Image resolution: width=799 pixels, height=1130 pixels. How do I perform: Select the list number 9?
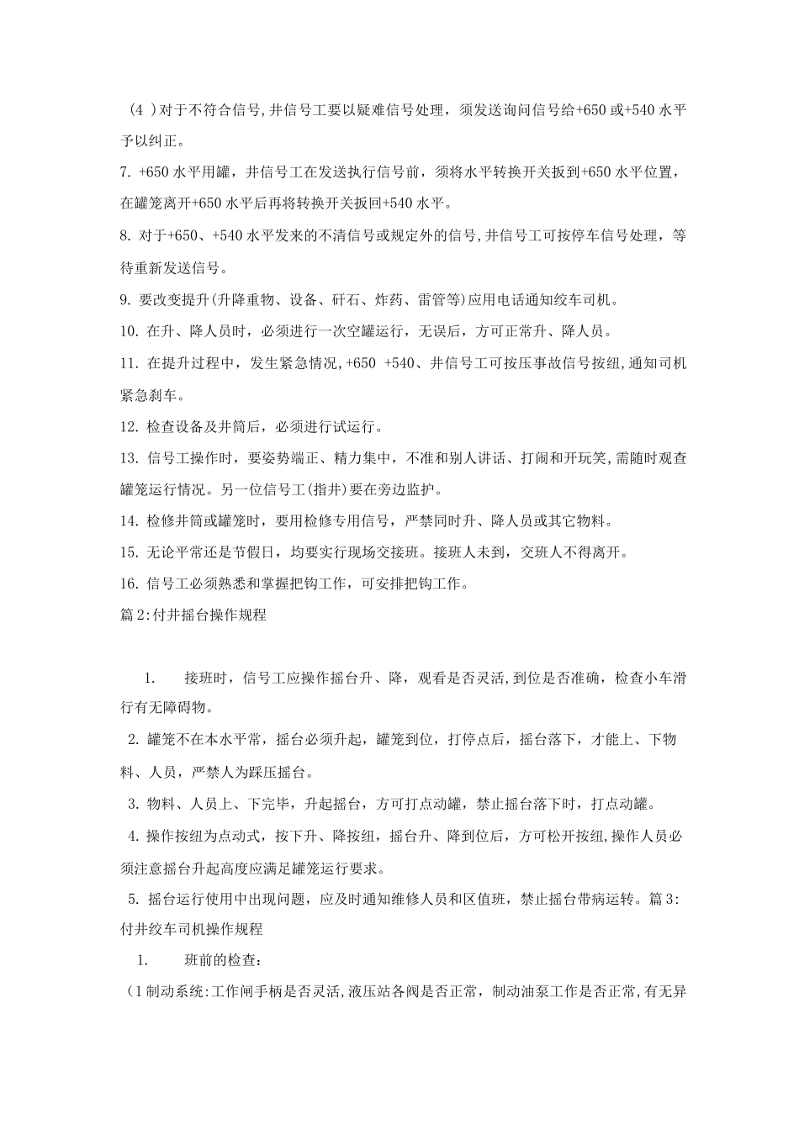[x=128, y=299]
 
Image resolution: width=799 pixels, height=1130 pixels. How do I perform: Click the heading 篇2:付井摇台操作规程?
[x=194, y=615]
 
